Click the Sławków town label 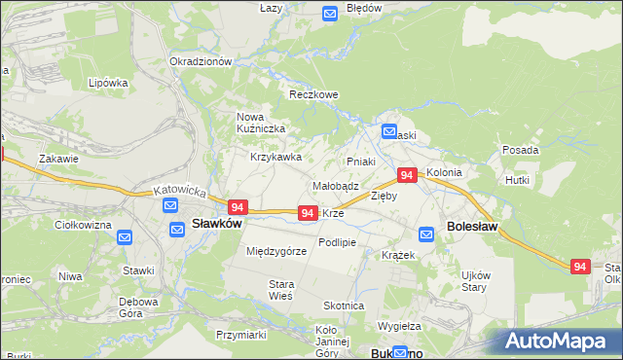pos(216,223)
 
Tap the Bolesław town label pos(472,226)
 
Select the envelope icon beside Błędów pos(329,13)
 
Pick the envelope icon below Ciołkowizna pos(125,237)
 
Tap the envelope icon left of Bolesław pos(426,234)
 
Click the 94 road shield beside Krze pos(307,212)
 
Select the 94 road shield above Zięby pos(407,175)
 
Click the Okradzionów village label pos(201,60)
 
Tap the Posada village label pos(521,150)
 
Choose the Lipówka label pos(108,83)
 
